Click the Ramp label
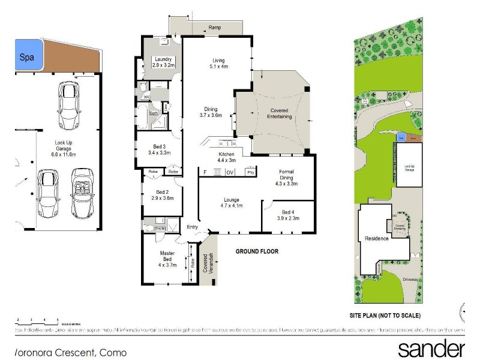[214, 28]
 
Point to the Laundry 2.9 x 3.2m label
[163, 62]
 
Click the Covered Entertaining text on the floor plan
[280, 113]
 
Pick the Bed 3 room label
[160, 149]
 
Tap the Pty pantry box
[250, 173]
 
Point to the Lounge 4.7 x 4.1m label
[232, 203]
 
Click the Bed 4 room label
[289, 215]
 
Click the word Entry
[192, 227]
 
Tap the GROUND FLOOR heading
[257, 251]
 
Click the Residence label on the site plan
[376, 238]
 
